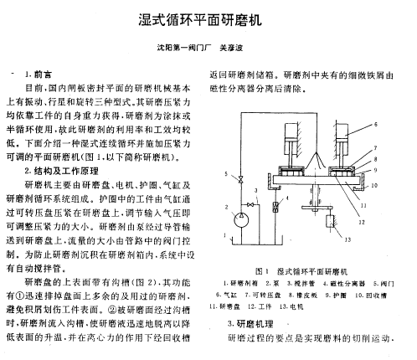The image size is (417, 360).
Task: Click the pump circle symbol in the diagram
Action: click(241, 220)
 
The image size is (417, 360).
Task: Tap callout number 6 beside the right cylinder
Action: click(376, 125)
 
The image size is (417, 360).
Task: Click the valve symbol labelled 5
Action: click(241, 179)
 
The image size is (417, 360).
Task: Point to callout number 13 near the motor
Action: click(347, 239)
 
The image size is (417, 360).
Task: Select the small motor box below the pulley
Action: click(331, 221)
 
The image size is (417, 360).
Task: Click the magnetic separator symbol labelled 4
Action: click(275, 207)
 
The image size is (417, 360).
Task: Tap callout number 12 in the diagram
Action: click(362, 222)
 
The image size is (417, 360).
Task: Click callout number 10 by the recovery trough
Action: click(374, 185)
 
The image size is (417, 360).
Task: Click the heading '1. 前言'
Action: click(39, 75)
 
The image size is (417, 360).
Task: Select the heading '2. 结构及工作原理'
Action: click(61, 171)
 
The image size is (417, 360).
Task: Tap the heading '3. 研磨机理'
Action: click(250, 324)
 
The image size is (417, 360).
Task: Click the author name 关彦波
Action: click(231, 48)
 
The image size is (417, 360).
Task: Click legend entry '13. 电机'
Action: click(291, 306)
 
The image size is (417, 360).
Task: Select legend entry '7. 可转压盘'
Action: click(263, 295)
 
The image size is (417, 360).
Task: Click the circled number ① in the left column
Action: click(21, 296)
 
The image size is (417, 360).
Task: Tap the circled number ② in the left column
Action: click(112, 310)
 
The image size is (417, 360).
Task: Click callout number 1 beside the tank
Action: click(225, 235)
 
